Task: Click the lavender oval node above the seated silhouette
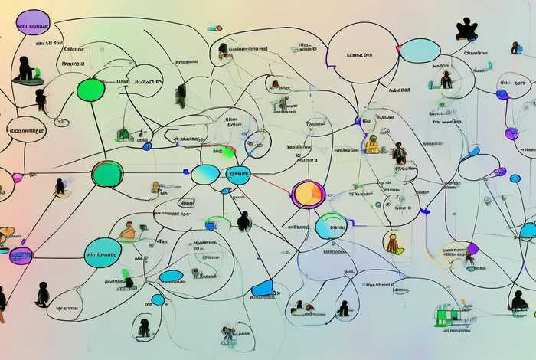[x=32, y=22]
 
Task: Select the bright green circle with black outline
[x=90, y=90]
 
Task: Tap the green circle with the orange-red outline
[x=107, y=174]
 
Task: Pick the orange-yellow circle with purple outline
[x=309, y=194]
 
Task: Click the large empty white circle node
[x=364, y=52]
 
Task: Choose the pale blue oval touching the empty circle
[x=420, y=51]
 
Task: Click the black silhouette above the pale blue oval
[x=466, y=29]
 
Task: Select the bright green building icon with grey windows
[x=446, y=315]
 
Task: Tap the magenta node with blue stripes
[x=21, y=256]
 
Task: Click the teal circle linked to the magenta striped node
[x=102, y=253]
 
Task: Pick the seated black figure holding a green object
[x=27, y=70]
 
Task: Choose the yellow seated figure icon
[x=372, y=143]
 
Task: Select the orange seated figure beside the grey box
[x=128, y=231]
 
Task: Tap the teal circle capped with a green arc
[x=332, y=226]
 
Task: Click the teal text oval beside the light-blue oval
[x=238, y=175]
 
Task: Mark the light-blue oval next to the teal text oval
[x=204, y=175]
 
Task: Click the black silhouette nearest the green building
[x=518, y=301]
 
